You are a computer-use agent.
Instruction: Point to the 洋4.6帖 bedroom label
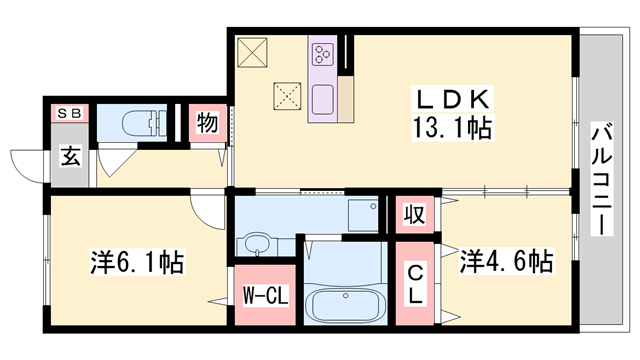coord(506,263)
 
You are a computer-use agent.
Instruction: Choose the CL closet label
coord(414,285)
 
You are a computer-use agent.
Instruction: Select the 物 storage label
coord(208,125)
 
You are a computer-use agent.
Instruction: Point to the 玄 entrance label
coord(71,157)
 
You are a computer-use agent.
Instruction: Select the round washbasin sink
coord(256,244)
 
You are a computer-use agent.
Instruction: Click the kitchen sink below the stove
coord(323,100)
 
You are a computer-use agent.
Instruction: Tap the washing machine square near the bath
coord(360,215)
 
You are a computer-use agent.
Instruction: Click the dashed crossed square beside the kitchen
coord(288,96)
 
